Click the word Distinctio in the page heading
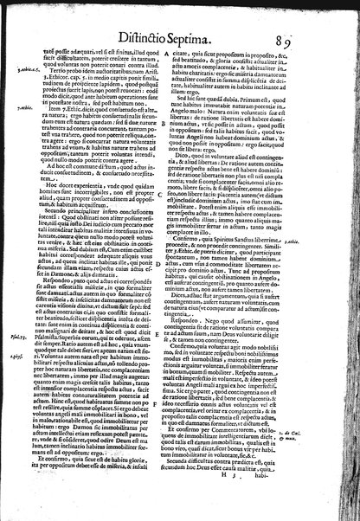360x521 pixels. (157, 35)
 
